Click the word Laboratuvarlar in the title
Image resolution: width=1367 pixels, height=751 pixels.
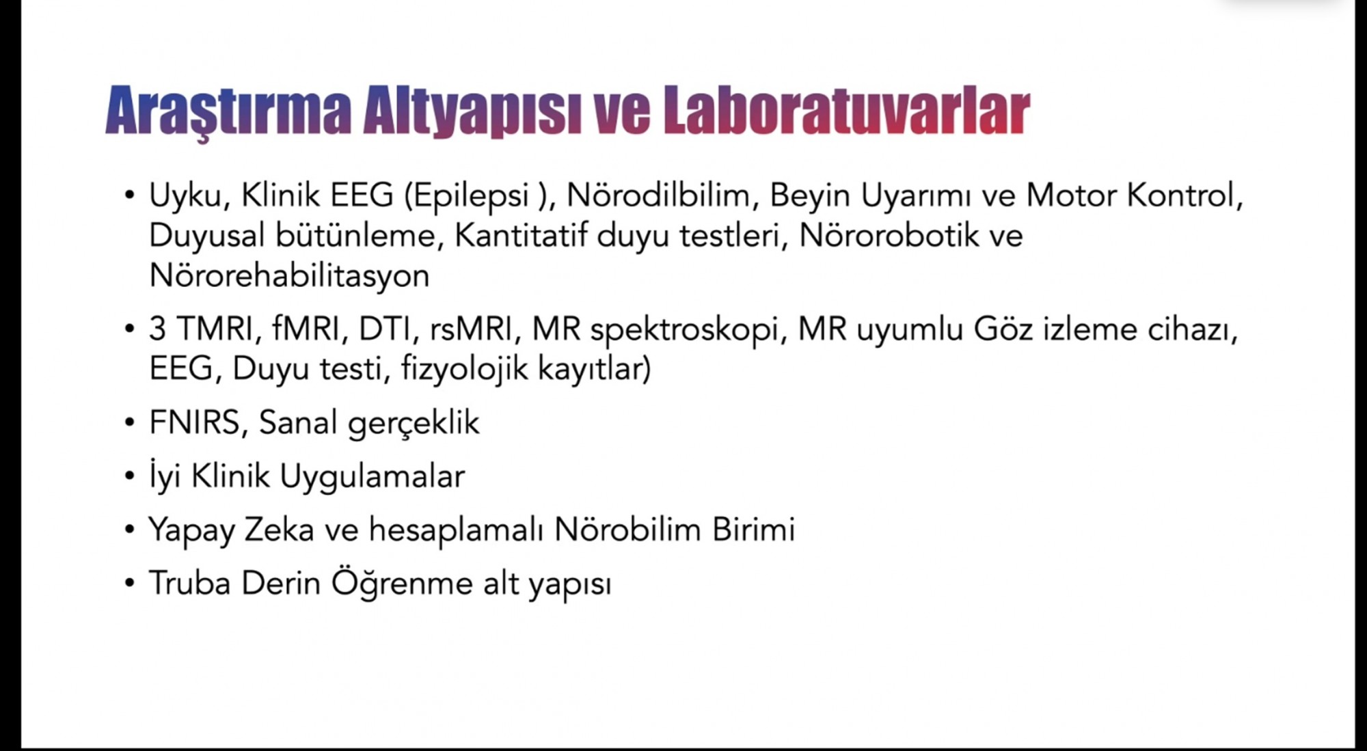pyautogui.click(x=846, y=109)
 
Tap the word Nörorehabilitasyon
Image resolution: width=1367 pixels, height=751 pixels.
pyautogui.click(x=289, y=276)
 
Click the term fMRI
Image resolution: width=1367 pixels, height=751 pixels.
pyautogui.click(x=306, y=329)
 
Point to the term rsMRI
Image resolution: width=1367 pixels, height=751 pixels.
pyautogui.click(x=471, y=329)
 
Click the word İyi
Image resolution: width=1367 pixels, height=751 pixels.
pyautogui.click(x=165, y=476)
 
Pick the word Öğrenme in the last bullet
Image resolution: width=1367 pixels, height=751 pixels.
pyautogui.click(x=402, y=584)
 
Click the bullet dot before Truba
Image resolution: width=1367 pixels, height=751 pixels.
pyautogui.click(x=130, y=584)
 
